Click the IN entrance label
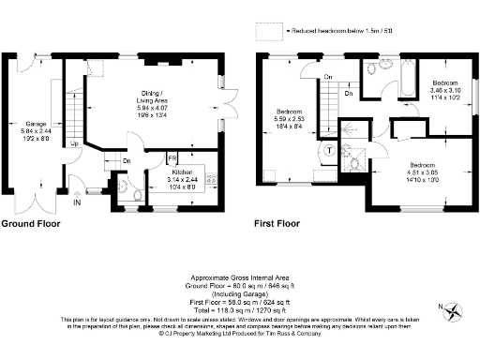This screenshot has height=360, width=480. tap(78, 202)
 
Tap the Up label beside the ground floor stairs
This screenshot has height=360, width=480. tap(74, 144)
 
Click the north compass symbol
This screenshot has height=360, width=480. tap(455, 311)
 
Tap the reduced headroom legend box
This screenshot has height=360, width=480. tap(271, 31)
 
